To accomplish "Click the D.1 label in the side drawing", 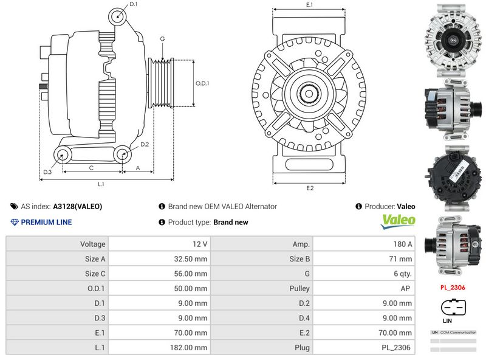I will (x=134, y=4).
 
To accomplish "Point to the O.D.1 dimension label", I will (x=202, y=83).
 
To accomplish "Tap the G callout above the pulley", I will (x=162, y=39).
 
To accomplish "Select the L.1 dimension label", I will (x=101, y=183).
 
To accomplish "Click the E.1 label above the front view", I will (x=309, y=5).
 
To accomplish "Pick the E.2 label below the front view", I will (x=310, y=188).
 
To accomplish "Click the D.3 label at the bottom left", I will (x=47, y=172).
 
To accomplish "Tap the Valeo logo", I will (x=398, y=221).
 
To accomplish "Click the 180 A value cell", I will (x=402, y=244).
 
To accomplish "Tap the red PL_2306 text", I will (x=453, y=286).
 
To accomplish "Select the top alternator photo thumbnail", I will (x=453, y=40).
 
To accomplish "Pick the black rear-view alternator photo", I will (x=453, y=177).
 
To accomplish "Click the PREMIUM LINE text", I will (x=46, y=222).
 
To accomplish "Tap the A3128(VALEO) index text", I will (x=78, y=206).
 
